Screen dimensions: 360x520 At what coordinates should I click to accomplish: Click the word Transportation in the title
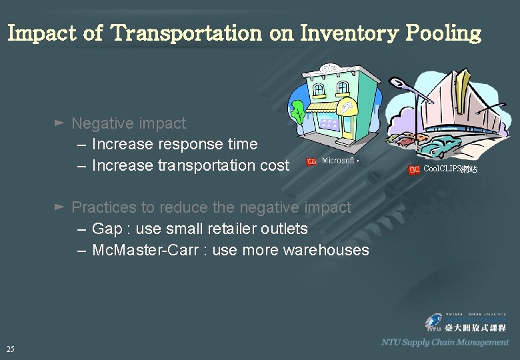[186, 33]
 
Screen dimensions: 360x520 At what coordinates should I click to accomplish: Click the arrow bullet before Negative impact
[59, 123]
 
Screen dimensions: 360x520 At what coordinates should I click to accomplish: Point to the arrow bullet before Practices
[59, 207]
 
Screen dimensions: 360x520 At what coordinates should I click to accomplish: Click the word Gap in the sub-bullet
[107, 229]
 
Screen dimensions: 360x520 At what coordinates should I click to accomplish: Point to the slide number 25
[10, 349]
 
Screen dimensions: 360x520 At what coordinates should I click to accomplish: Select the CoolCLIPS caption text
[449, 169]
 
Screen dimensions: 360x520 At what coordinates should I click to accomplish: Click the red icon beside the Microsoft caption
[311, 162]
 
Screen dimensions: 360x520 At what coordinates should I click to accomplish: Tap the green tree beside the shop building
[297, 110]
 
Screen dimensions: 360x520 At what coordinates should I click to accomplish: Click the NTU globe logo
[434, 322]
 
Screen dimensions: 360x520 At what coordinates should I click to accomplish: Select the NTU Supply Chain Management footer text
[445, 342]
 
